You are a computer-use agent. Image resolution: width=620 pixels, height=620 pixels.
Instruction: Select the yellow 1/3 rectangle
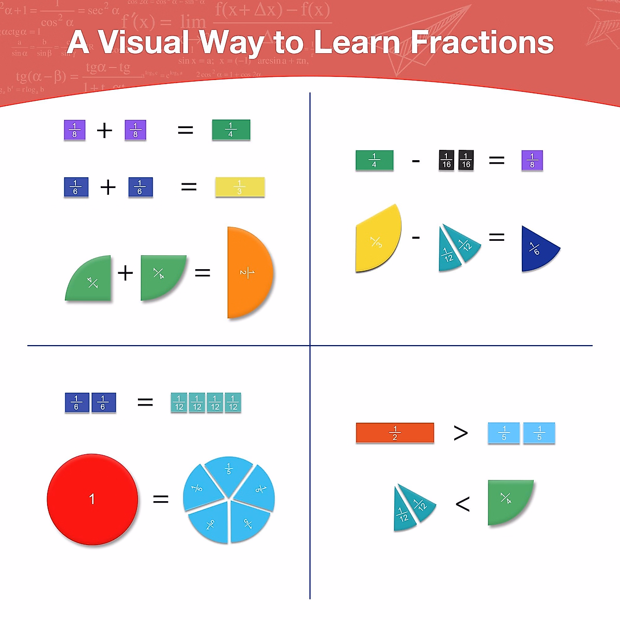coord(240,187)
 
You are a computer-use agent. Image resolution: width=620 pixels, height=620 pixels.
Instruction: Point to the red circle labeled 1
coord(92,499)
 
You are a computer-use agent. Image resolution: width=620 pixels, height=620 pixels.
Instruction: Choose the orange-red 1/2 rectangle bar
coord(395,433)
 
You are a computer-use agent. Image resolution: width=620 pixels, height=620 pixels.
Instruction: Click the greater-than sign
coord(460,433)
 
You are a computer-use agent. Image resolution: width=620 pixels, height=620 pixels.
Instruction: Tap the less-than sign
coord(462,504)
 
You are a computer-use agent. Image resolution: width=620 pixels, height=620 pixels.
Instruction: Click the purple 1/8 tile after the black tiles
coord(532,161)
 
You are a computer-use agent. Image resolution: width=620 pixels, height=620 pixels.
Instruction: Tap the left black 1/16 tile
coord(446,161)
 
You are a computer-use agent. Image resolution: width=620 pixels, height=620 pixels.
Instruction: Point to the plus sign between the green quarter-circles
coord(126,273)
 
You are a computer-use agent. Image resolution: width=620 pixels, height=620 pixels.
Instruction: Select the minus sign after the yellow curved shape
coord(416,238)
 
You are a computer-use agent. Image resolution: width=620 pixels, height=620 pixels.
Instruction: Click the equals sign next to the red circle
coord(161,499)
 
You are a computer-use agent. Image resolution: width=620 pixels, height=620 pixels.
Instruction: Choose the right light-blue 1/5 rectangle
coord(539,433)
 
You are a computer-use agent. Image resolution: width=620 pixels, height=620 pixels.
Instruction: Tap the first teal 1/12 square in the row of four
coord(179,402)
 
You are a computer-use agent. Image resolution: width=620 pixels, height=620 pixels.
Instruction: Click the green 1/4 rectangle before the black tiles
coord(375,161)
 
